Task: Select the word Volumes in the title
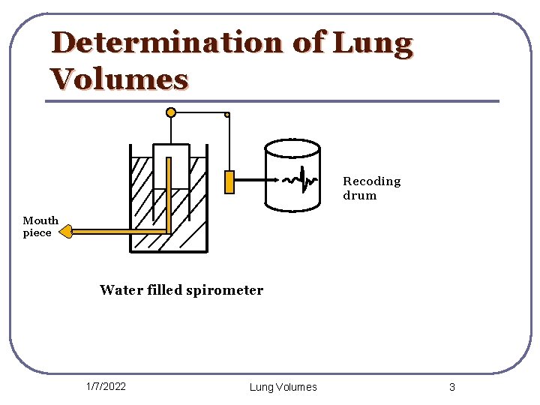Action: [x=119, y=78]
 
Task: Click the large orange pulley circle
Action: [x=171, y=112]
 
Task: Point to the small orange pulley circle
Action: [x=227, y=115]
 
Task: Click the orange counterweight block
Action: [x=229, y=182]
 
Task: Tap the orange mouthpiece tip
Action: [x=65, y=231]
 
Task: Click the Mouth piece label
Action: [x=40, y=226]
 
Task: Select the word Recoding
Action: [x=371, y=181]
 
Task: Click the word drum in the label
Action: [x=359, y=196]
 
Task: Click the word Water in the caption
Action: [x=119, y=290]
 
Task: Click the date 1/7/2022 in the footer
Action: [x=106, y=387]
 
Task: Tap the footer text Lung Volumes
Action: [x=283, y=387]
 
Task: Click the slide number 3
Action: [x=451, y=387]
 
